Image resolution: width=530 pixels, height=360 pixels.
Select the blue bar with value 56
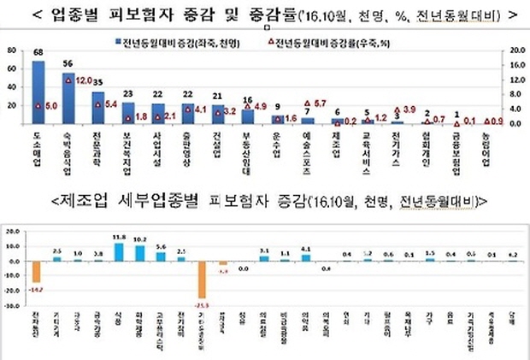click(x=68, y=97)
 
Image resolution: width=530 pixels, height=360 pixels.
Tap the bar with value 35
click(x=97, y=108)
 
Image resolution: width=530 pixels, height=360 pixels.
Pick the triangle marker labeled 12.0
click(x=68, y=80)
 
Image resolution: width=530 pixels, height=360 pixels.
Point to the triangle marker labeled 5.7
click(x=307, y=103)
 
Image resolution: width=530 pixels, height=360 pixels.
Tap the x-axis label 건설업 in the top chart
click(x=217, y=139)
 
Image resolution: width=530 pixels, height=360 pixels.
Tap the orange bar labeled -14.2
click(x=37, y=270)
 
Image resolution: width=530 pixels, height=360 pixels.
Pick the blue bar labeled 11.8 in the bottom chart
click(x=118, y=251)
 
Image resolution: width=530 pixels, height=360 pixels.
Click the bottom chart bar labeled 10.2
click(x=139, y=253)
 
